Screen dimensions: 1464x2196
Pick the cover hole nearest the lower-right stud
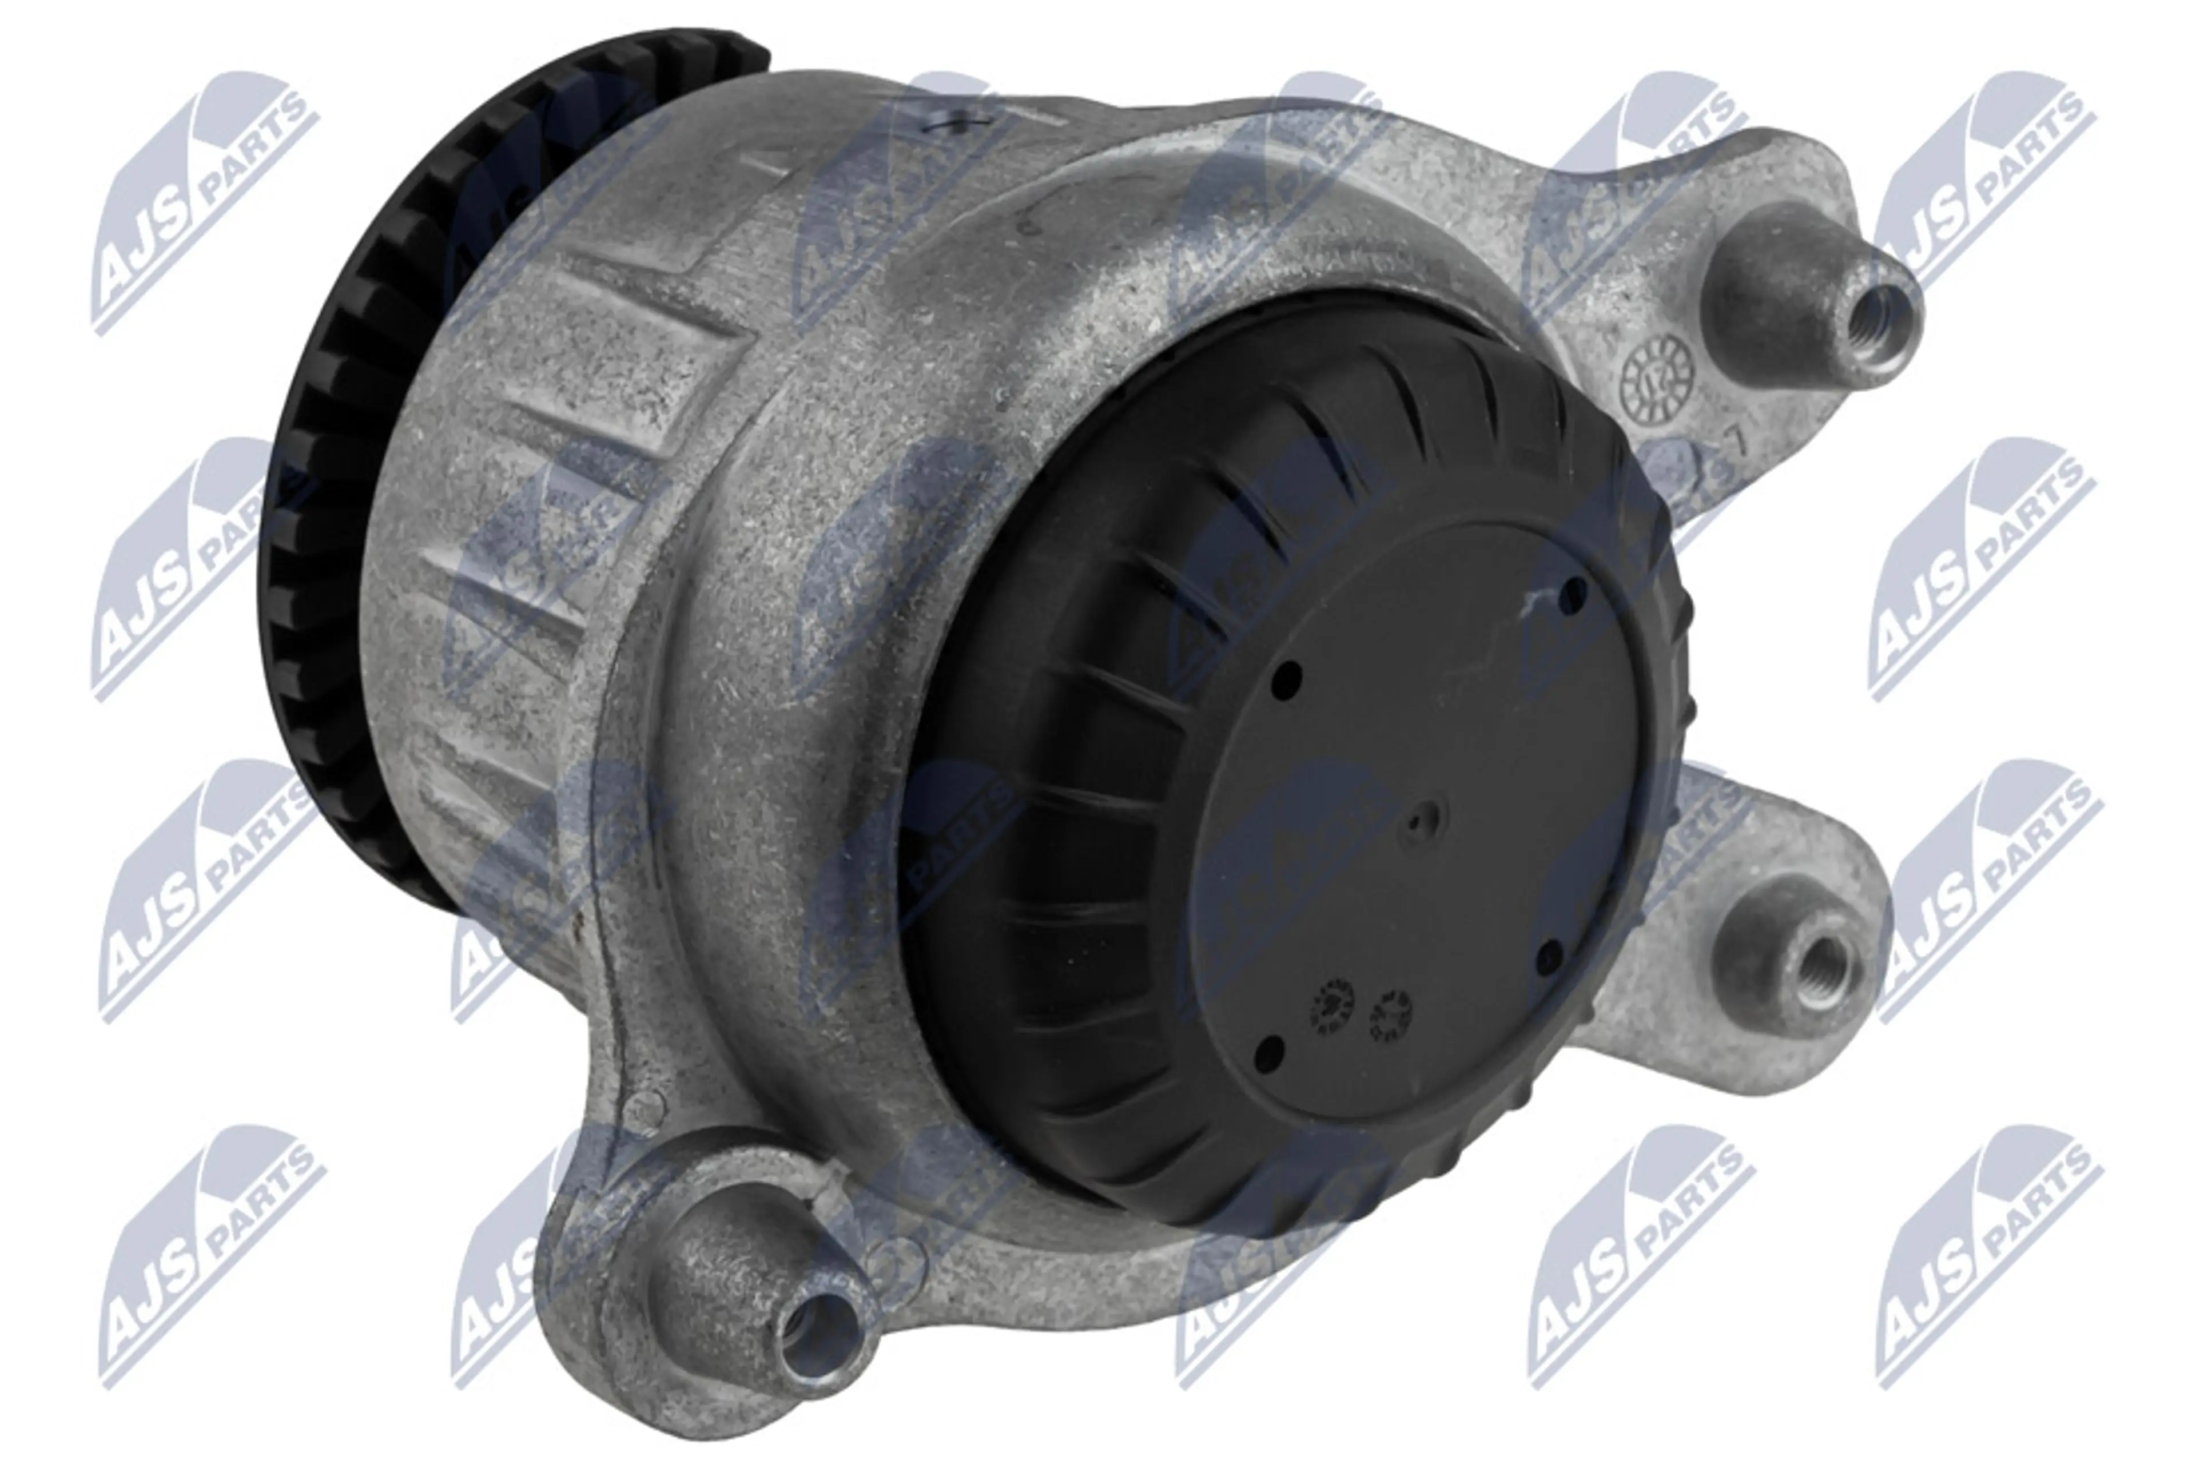[1548, 954]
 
